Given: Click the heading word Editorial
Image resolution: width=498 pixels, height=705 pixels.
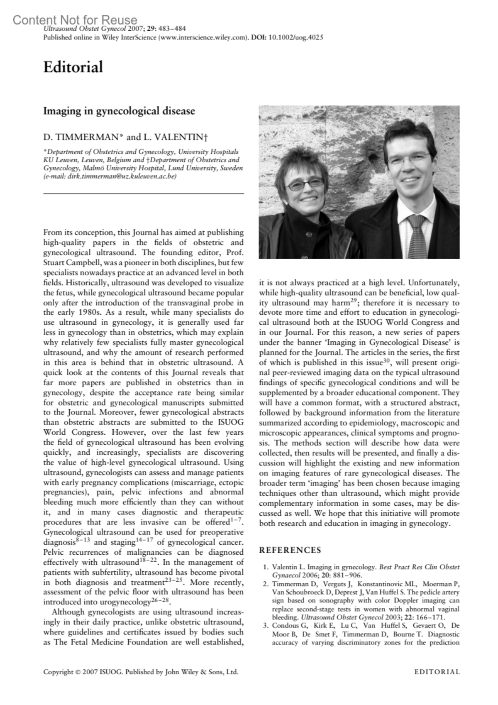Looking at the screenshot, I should pos(73,67).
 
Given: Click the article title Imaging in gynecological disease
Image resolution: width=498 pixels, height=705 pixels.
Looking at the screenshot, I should pos(119,111).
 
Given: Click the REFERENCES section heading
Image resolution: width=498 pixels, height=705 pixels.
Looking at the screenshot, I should pos(290,550).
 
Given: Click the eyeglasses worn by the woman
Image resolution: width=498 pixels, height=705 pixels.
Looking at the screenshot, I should pos(305,184).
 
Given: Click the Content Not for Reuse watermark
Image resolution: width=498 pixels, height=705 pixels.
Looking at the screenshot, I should pos(75,20).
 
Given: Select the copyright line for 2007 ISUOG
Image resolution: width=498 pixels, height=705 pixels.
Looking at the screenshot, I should pos(141,672).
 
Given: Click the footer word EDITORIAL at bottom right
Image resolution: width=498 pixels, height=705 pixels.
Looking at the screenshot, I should pos(437,672).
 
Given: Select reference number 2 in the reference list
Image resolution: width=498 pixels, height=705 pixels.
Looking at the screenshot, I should pos(266,584).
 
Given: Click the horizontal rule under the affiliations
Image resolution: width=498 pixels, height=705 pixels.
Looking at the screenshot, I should pos(144,193).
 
